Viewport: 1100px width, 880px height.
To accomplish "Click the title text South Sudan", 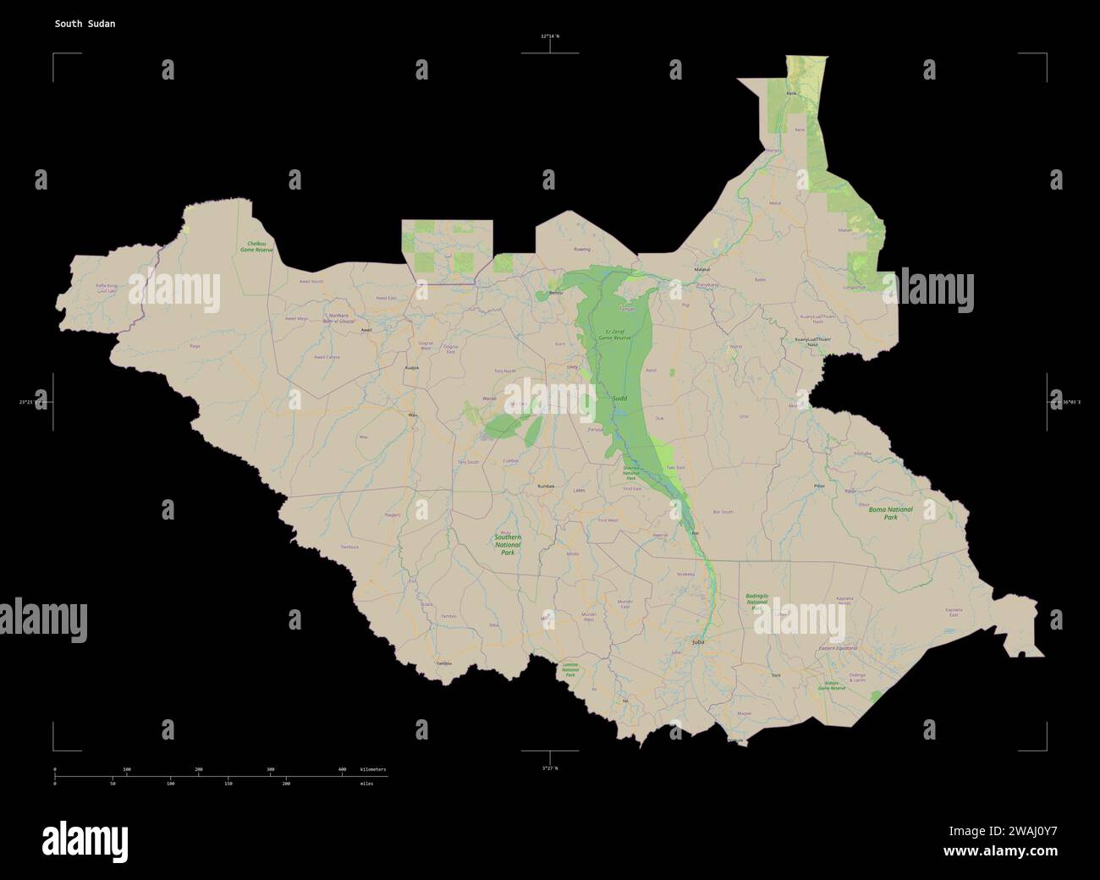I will [85, 24].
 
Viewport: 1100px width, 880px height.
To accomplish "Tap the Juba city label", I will [698, 642].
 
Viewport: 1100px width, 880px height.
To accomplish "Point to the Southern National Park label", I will [508, 544].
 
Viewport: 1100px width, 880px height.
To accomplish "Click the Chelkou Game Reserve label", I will [256, 247].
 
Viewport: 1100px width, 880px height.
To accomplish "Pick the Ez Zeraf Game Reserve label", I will [615, 334].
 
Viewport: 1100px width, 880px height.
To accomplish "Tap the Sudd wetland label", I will [619, 397].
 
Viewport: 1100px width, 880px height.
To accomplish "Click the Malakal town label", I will [701, 269].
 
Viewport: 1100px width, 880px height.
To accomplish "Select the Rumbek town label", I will [546, 486].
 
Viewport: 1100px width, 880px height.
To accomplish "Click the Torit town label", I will [775, 675].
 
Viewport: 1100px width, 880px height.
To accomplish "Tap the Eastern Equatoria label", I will [838, 648].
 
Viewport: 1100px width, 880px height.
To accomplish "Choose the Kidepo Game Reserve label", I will [831, 685].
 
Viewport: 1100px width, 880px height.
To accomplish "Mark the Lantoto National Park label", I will [570, 670].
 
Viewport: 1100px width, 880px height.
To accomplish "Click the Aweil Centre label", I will [327, 357].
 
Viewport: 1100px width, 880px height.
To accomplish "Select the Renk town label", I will [791, 93].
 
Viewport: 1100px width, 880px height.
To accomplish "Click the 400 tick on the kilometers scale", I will [342, 769].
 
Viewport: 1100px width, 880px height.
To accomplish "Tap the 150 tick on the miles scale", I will [228, 784].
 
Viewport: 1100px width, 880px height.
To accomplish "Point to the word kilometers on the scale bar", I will [372, 769].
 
